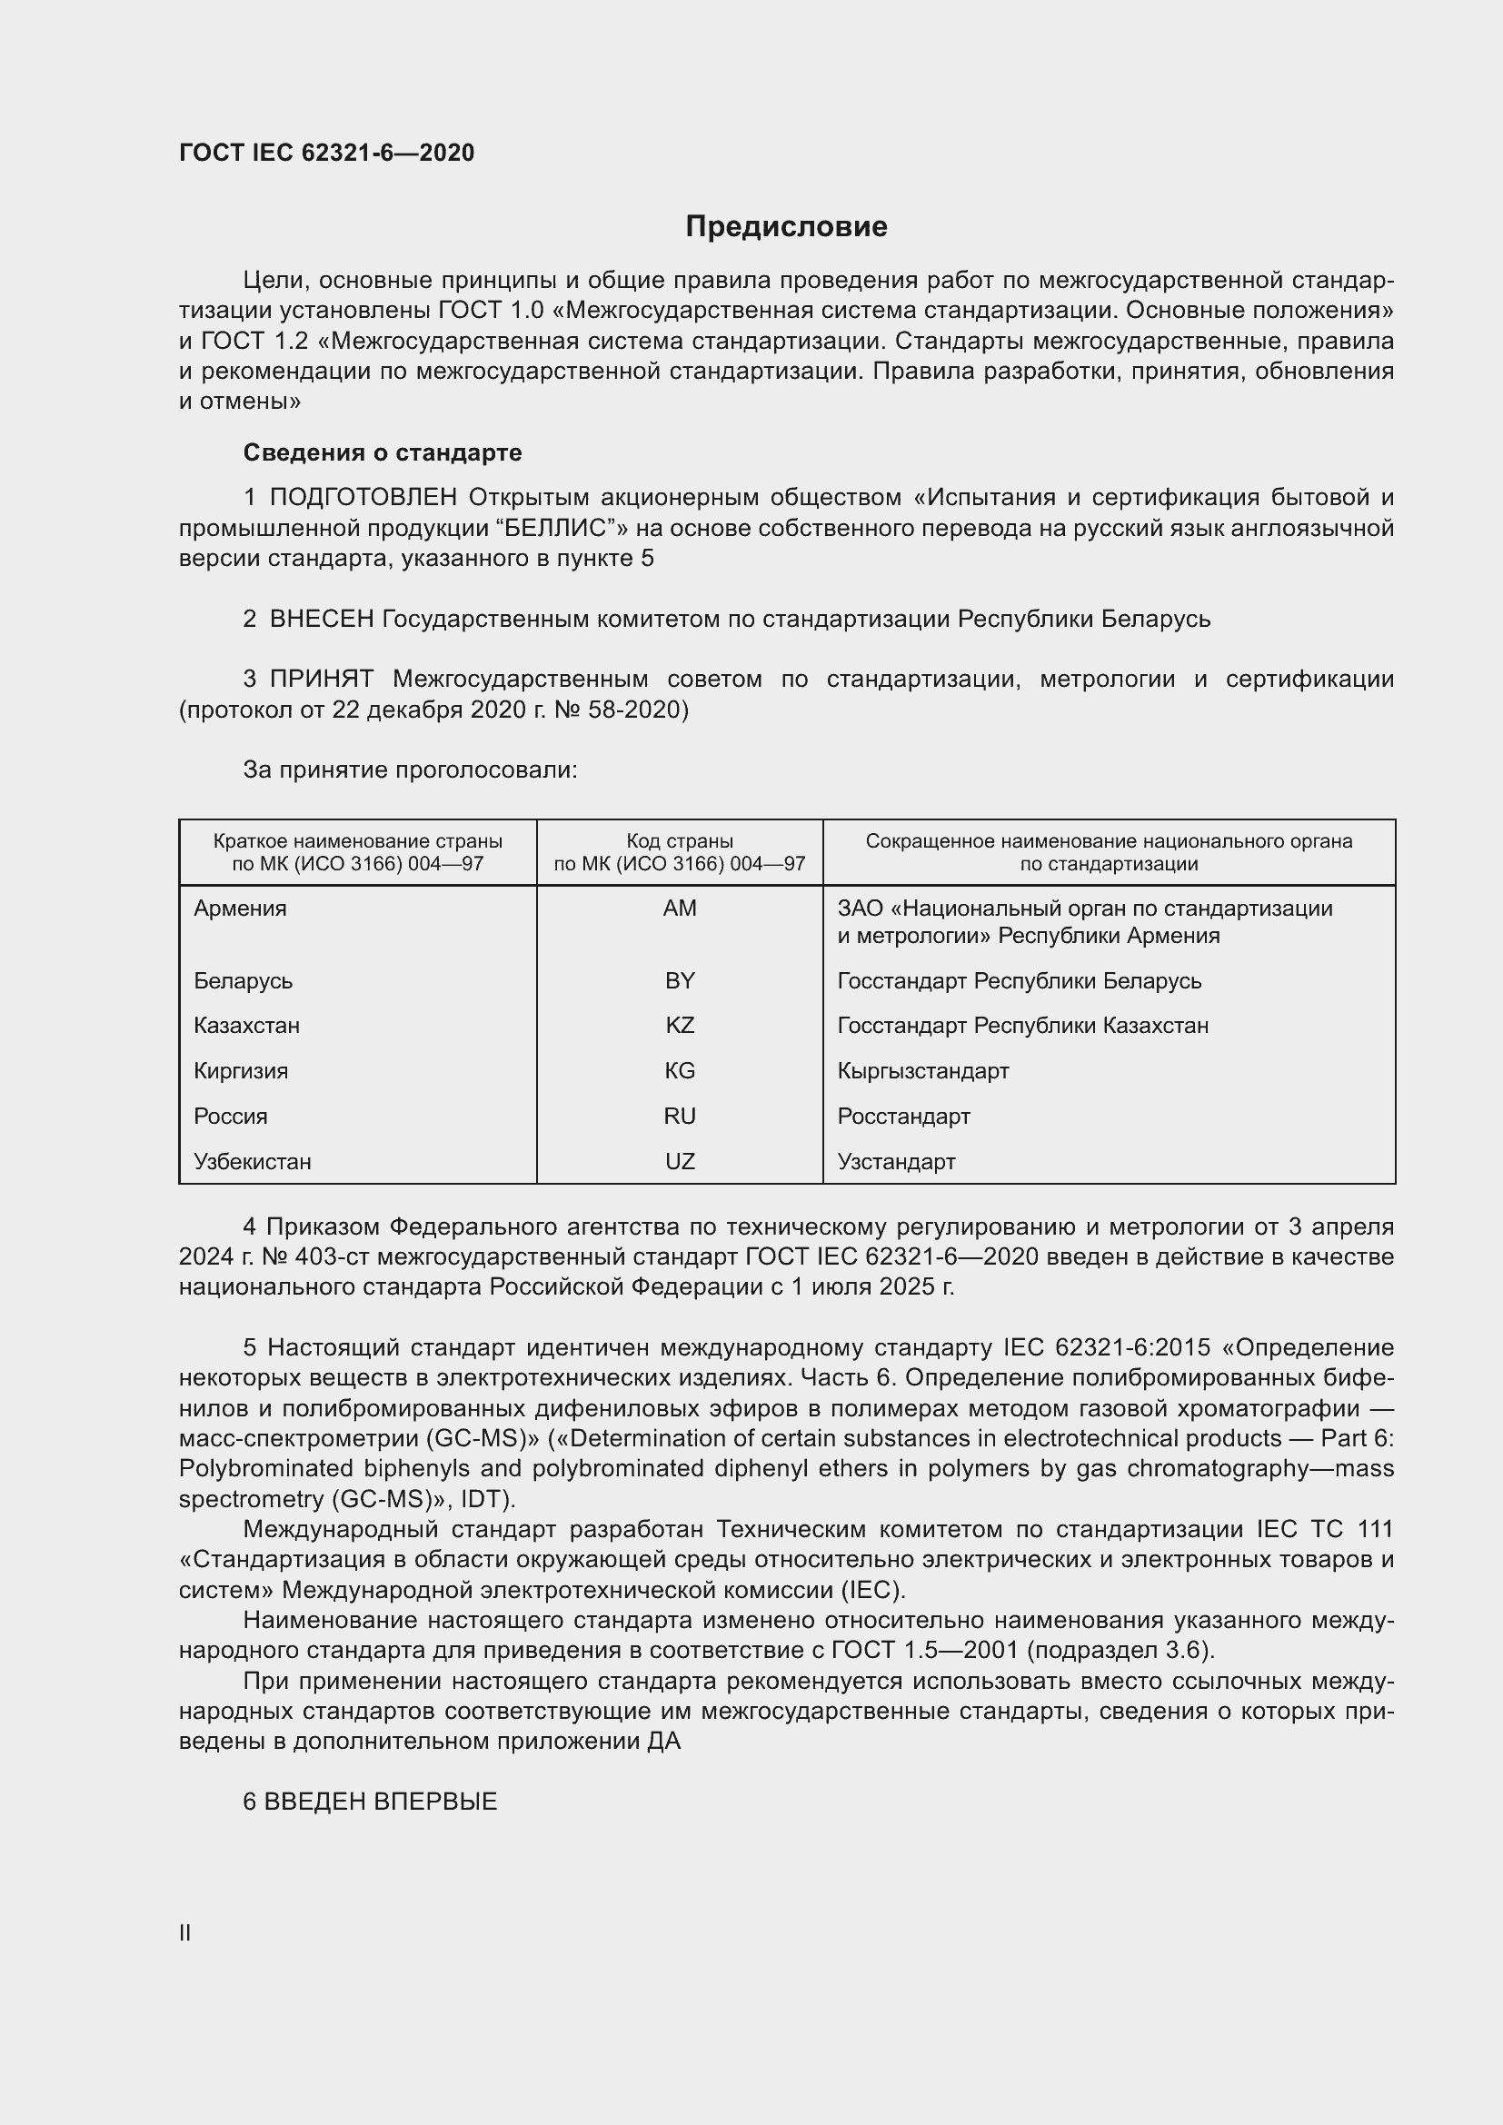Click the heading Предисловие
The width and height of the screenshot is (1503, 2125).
(786, 227)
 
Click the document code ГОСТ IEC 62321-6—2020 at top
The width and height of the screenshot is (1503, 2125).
(327, 153)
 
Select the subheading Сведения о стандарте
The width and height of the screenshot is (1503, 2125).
(383, 452)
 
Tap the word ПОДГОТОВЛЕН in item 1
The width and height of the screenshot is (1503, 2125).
(363, 498)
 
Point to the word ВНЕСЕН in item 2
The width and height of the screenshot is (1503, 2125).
(321, 620)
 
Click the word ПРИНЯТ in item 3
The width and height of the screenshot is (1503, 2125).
(321, 680)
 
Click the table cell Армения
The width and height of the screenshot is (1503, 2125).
(241, 908)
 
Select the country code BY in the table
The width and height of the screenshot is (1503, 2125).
(680, 981)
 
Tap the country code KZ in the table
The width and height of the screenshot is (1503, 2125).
(680, 1026)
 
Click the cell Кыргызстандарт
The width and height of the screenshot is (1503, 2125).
(922, 1071)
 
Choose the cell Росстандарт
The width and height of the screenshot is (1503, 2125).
(903, 1117)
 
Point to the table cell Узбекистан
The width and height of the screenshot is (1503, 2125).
(253, 1162)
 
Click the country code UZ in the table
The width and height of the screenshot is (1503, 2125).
(680, 1162)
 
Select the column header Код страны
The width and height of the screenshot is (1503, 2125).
(680, 841)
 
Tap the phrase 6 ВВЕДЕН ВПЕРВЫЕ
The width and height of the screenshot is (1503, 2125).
(370, 1802)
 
